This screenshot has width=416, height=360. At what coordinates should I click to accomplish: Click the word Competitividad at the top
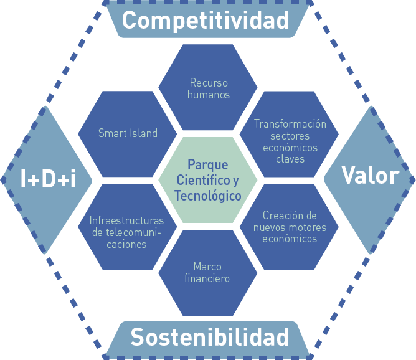pyautogui.click(x=206, y=21)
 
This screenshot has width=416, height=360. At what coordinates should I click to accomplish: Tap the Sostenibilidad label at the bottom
pyautogui.click(x=209, y=337)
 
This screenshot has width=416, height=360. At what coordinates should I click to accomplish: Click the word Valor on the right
pyautogui.click(x=370, y=176)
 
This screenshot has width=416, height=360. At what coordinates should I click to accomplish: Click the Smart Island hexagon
pyautogui.click(x=128, y=133)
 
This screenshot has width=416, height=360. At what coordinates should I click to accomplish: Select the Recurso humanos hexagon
pyautogui.click(x=208, y=88)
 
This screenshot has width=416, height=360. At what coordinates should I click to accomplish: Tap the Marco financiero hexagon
pyautogui.click(x=207, y=273)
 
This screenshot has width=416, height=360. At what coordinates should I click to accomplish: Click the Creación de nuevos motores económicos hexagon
pyautogui.click(x=290, y=227)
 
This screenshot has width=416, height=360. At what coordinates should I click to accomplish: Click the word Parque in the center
pyautogui.click(x=208, y=165)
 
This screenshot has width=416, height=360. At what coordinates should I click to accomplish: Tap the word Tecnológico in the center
pyautogui.click(x=208, y=196)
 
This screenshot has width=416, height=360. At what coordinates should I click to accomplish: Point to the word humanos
pyautogui.click(x=209, y=95)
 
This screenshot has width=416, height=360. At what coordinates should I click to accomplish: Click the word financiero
pyautogui.click(x=207, y=278)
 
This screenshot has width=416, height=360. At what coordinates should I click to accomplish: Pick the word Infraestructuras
pyautogui.click(x=126, y=220)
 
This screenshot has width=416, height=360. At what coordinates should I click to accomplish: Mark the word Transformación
pyautogui.click(x=290, y=124)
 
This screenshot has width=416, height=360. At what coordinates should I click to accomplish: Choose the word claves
pyautogui.click(x=290, y=159)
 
